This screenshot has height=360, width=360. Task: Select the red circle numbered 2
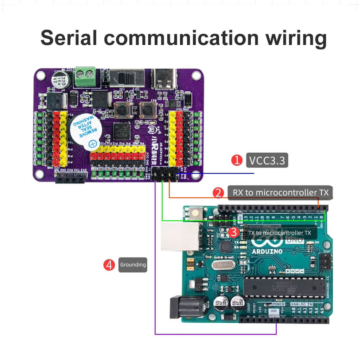(218, 193)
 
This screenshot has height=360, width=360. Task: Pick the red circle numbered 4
(109, 265)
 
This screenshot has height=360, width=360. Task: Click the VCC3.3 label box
(267, 160)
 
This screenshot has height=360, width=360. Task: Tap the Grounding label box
(133, 265)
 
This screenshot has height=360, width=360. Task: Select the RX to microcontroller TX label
(280, 193)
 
